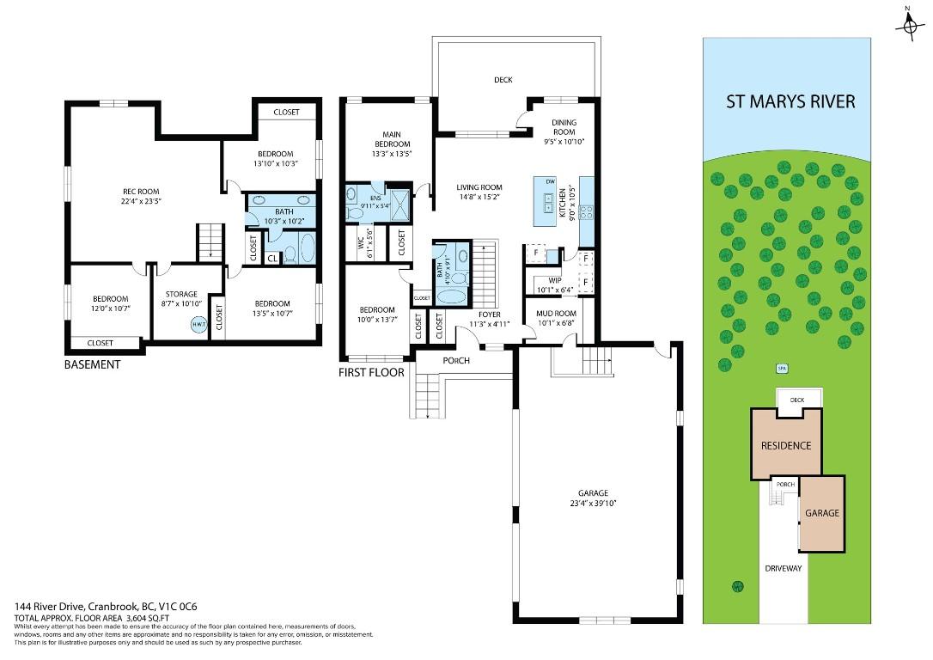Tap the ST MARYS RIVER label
coord(790,102)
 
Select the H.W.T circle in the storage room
coord(198,325)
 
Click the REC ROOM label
coord(140,192)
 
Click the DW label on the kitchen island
coord(549,180)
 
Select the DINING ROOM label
coord(564,127)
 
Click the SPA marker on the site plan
coord(782,369)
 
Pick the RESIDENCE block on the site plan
coord(785,445)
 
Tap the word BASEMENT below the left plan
coord(93,364)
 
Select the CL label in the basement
coord(272,258)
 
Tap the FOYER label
coord(489,315)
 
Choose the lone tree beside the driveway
coord(737,586)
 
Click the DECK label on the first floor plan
coord(503,80)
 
